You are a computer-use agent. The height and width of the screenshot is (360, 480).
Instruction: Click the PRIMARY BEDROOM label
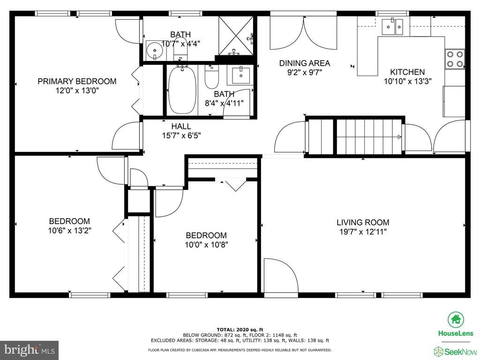click(x=77, y=82)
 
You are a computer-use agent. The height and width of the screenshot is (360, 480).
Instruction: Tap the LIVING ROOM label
click(x=363, y=223)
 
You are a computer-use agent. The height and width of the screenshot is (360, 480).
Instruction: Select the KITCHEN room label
click(x=407, y=72)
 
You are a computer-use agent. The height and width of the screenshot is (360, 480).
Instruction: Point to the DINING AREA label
click(x=305, y=63)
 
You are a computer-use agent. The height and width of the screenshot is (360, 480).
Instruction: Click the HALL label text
click(x=181, y=126)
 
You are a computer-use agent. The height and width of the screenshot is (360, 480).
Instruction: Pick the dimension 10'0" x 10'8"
click(x=206, y=245)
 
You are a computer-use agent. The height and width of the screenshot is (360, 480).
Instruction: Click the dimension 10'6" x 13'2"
click(x=70, y=231)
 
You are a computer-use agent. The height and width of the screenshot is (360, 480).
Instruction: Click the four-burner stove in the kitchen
click(x=455, y=59)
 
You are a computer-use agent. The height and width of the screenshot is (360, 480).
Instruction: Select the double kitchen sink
click(x=392, y=27)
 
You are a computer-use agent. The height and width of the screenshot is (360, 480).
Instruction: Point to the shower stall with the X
click(x=236, y=36)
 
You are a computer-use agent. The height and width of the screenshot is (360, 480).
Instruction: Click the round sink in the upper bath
click(x=155, y=51)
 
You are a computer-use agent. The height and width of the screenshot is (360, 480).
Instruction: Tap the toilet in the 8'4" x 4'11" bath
click(x=211, y=76)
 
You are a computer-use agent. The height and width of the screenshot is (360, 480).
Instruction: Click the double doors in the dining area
click(x=303, y=32)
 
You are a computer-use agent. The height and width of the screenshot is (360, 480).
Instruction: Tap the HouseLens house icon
click(x=456, y=320)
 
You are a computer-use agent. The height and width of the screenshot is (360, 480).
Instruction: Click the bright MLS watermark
click(x=30, y=349)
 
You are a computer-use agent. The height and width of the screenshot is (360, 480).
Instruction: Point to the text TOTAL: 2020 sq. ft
click(x=240, y=330)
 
